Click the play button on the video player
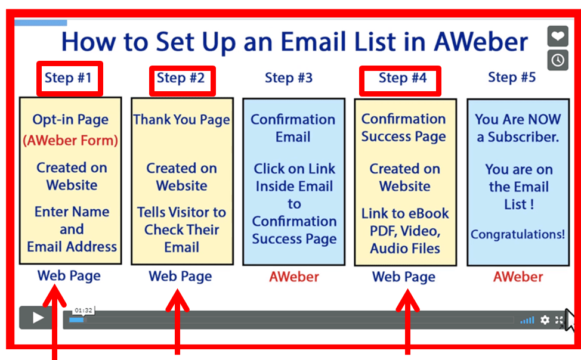[38, 318]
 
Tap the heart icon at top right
[558, 36]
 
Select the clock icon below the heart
[558, 60]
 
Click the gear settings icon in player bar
[545, 319]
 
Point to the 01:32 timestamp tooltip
[84, 311]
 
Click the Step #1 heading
[68, 77]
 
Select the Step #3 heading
[289, 77]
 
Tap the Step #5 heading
[512, 77]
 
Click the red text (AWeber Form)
[70, 141]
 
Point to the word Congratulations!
[518, 234]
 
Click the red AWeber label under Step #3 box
[294, 277]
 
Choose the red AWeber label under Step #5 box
[518, 277]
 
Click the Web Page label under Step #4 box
[403, 277]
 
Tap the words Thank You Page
[181, 120]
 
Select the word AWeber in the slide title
[481, 42]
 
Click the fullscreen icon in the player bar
[559, 320]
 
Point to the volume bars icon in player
[527, 320]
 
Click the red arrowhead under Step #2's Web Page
[178, 300]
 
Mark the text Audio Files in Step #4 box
[405, 249]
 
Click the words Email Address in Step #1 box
[72, 247]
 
